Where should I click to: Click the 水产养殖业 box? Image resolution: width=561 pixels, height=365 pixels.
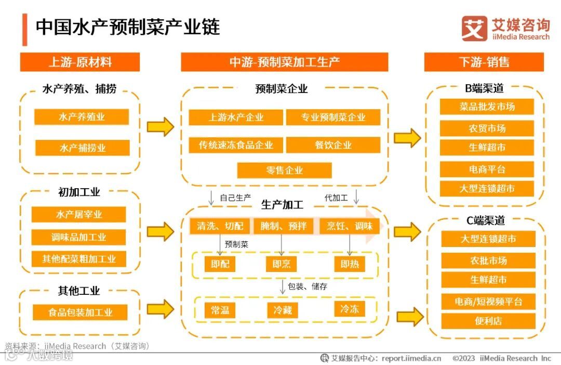click(x=82, y=117)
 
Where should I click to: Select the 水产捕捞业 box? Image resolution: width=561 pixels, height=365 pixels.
click(x=82, y=148)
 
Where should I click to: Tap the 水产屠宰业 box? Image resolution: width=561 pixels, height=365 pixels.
click(x=79, y=214)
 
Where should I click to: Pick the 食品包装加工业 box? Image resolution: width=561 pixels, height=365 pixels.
click(x=80, y=312)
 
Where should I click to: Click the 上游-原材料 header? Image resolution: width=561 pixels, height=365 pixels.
click(x=80, y=62)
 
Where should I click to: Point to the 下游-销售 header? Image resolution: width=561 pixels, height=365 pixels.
click(x=484, y=62)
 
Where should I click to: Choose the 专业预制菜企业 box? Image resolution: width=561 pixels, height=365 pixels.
click(x=333, y=117)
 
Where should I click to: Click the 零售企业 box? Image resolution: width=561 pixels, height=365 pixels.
click(x=284, y=170)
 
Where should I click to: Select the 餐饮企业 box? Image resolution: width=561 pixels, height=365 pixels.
click(x=333, y=145)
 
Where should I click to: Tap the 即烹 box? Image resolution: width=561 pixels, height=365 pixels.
click(x=281, y=264)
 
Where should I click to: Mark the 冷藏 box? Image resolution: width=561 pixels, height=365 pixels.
click(x=283, y=310)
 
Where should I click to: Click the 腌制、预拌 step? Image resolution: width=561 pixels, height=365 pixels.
click(x=284, y=226)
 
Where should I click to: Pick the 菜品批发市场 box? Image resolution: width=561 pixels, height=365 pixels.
click(x=487, y=107)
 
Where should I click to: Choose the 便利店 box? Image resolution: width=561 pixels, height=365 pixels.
click(x=488, y=321)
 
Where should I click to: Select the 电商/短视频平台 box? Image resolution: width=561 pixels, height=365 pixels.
click(x=488, y=302)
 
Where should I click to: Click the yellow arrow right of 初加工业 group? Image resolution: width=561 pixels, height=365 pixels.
click(x=160, y=231)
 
